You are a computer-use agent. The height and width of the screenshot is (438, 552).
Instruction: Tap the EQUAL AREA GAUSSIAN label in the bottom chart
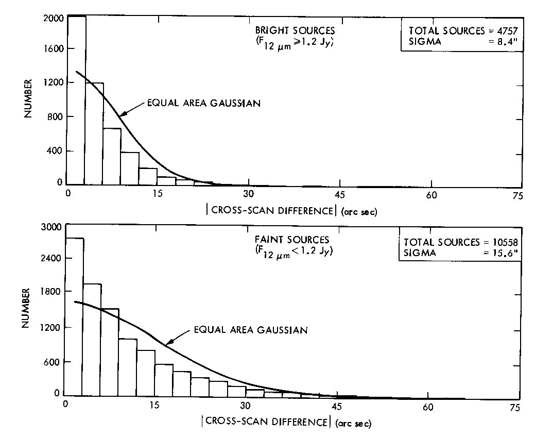click(251, 330)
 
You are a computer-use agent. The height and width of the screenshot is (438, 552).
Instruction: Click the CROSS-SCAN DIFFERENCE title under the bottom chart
click(266, 421)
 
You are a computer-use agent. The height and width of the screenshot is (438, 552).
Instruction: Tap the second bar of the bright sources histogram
click(95, 133)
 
